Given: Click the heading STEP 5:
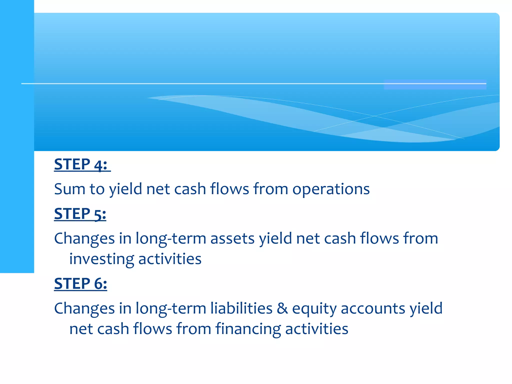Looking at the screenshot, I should click(x=80, y=214).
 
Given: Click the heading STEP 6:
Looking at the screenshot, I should click(x=80, y=284).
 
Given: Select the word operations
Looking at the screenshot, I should click(x=331, y=189).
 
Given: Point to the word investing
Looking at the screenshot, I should click(x=101, y=259).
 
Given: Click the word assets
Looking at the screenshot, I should click(x=232, y=238).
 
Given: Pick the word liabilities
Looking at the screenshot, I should click(x=241, y=308).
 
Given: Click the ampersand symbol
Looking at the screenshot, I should click(x=282, y=308).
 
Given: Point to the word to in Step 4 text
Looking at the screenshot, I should click(x=97, y=189).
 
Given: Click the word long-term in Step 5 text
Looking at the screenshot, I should click(x=171, y=238).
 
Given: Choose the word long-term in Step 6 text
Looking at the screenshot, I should click(x=171, y=308).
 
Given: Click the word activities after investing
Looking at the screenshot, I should click(x=170, y=259).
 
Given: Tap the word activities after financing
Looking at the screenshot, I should click(x=316, y=329).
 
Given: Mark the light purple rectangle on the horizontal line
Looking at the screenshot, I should click(x=435, y=84).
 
